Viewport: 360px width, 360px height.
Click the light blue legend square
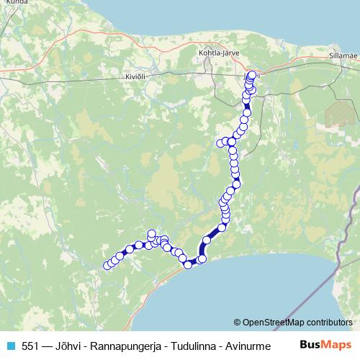click(x=9, y=346)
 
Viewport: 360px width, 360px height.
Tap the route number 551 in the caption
click(x=30, y=346)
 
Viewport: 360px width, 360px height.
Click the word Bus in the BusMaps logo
click(x=310, y=345)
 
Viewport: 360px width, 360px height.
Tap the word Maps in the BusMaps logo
click(x=337, y=345)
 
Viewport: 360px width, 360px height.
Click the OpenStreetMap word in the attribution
click(x=274, y=323)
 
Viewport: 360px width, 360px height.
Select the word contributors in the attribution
click(x=329, y=323)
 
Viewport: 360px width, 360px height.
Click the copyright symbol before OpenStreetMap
click(x=238, y=323)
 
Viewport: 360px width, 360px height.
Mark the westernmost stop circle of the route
click(x=107, y=266)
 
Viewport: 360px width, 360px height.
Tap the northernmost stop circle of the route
click(x=252, y=75)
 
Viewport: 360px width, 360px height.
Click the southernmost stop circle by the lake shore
click(x=188, y=265)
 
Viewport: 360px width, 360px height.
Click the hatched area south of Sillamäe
click(x=336, y=114)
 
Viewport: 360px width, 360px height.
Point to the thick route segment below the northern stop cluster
click(x=247, y=104)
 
